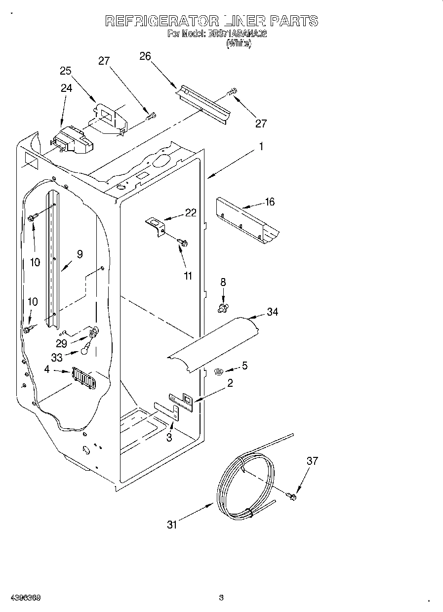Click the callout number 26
[145, 56]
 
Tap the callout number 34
[272, 312]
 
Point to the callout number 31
[171, 525]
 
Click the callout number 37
[312, 461]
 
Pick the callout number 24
[66, 88]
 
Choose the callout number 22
[191, 213]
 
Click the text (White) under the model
[239, 43]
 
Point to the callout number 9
[80, 254]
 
